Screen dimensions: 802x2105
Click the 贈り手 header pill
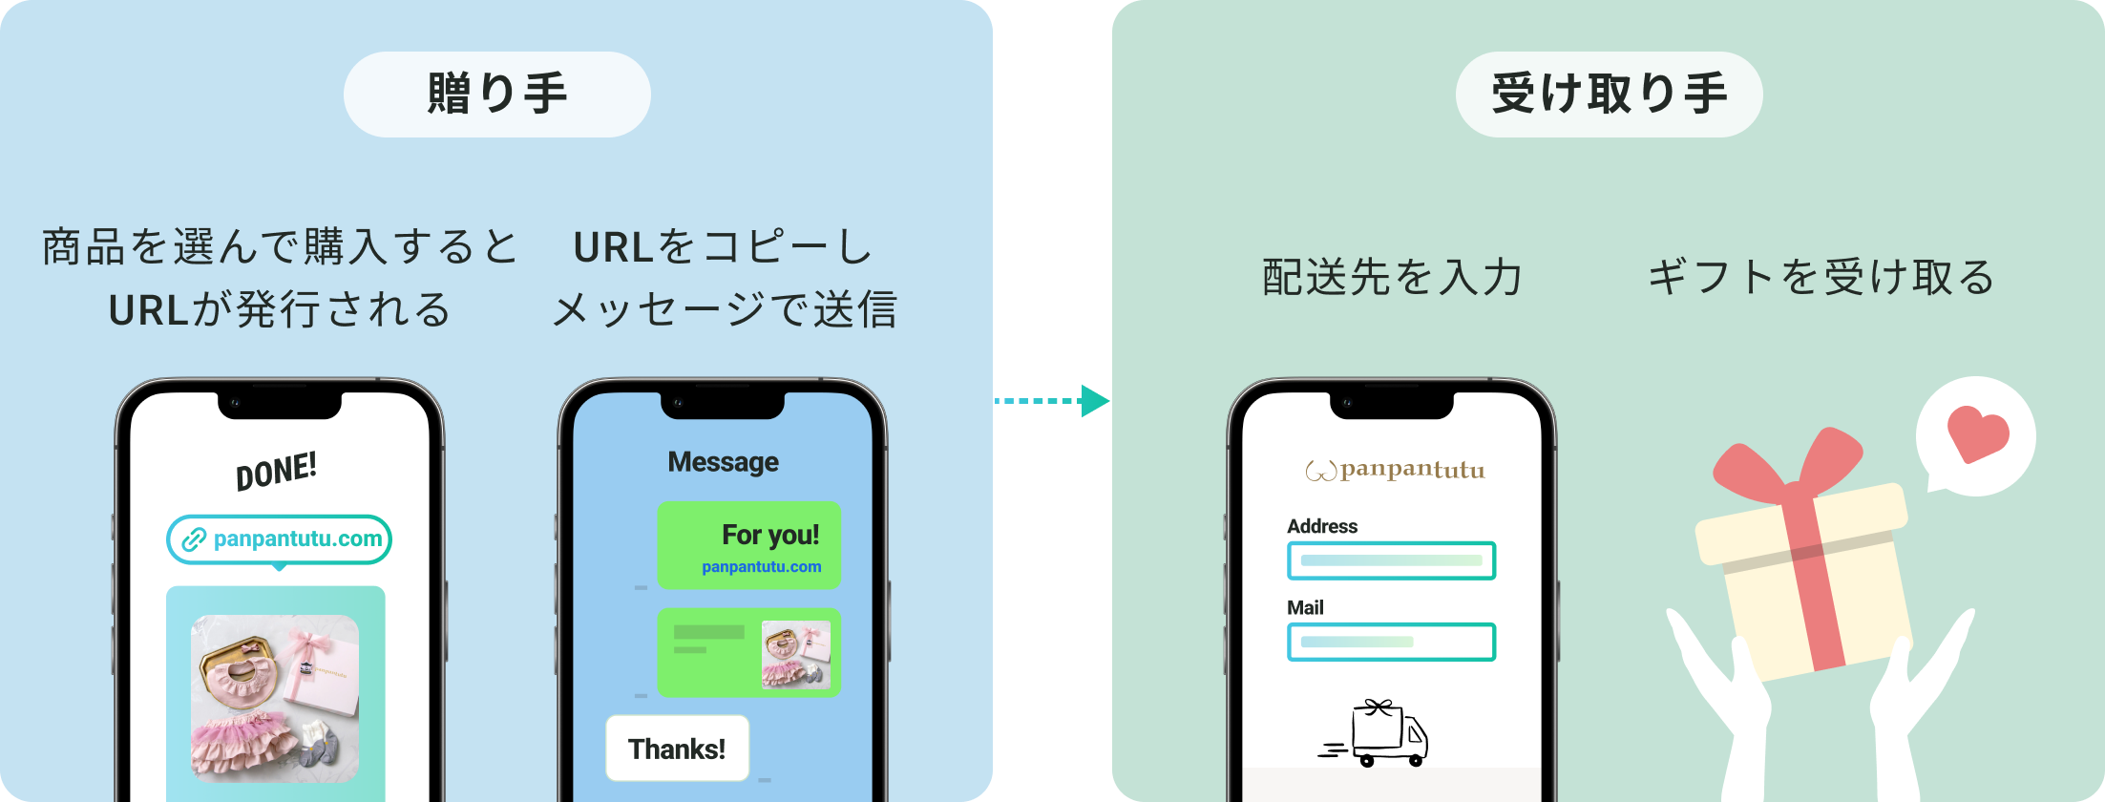coord(496,95)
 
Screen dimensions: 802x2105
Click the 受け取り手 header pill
coord(1609,95)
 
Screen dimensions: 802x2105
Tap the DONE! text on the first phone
coord(276,471)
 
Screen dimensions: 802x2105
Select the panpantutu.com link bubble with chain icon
coord(280,539)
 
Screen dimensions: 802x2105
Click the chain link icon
coord(194,539)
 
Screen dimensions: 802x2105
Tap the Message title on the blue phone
coord(723,462)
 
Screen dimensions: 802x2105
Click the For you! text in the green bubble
coord(770,535)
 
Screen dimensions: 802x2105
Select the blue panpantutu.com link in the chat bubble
coord(761,567)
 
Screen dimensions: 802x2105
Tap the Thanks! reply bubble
coord(677,749)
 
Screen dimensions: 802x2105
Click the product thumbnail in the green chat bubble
coord(795,654)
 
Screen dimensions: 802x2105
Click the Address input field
coord(1391,560)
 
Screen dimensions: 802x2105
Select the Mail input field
coord(1391,642)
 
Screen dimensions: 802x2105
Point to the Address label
coord(1321,526)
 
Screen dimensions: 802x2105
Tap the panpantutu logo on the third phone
coord(1395,470)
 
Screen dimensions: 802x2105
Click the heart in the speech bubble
coord(1977,434)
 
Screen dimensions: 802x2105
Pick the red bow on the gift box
coord(1785,468)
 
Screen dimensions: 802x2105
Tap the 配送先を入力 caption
coord(1392,277)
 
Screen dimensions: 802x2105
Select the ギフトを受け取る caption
coord(1821,277)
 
